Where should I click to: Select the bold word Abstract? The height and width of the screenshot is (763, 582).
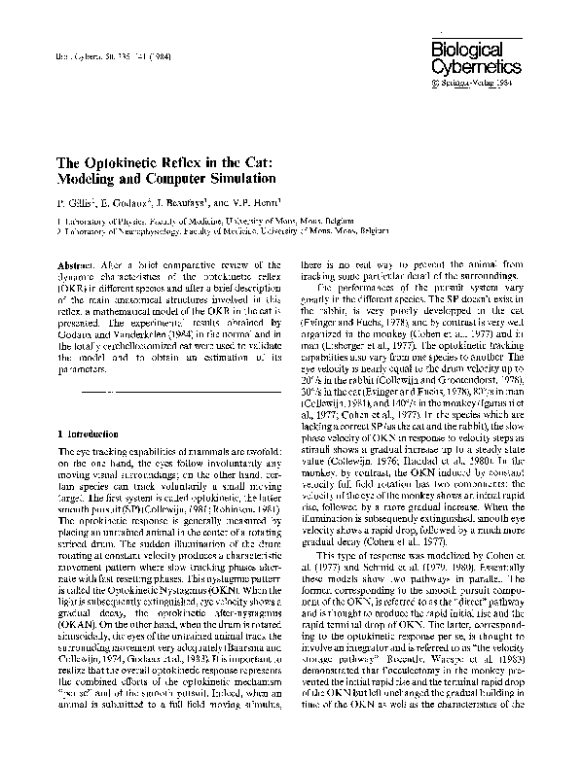pyautogui.click(x=79, y=265)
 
